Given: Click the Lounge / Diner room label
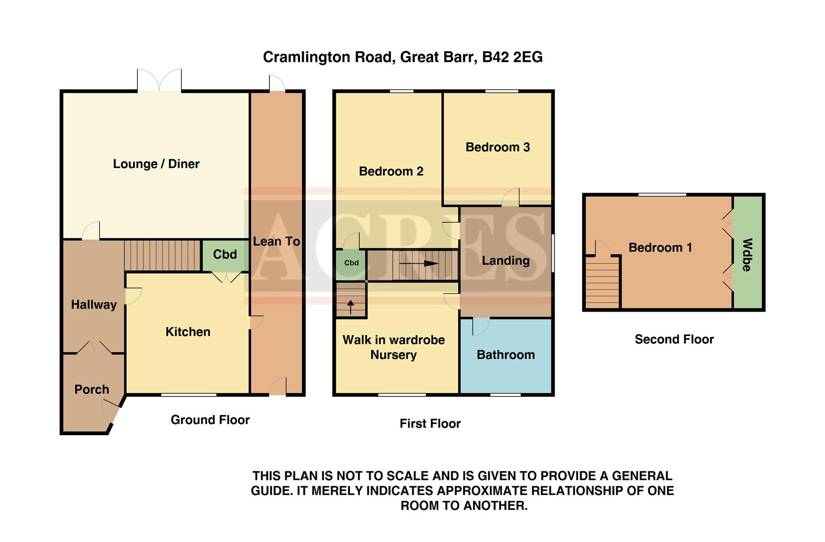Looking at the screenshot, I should pos(156,164).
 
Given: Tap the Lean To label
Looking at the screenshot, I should pos(277,241).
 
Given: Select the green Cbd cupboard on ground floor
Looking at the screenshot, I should pos(225,255).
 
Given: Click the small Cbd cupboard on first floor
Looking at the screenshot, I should pos(351,263).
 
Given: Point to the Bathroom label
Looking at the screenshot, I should pos(505,355).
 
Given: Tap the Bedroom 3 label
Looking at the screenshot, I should pos(497,147).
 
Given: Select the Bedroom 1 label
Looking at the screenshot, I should pos(660,247).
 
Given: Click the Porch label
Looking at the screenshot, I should pos(92,389).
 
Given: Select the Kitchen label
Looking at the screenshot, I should pos(188,332).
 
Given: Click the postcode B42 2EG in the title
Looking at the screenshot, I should pos(512,57).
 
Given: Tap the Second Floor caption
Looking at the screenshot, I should pos(674,339).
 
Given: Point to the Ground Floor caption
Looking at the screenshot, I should pos(210,420).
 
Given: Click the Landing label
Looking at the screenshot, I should pos(505,260).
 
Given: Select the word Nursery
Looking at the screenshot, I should pos(393,355).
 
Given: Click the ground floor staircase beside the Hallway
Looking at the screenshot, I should pos(162,255).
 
